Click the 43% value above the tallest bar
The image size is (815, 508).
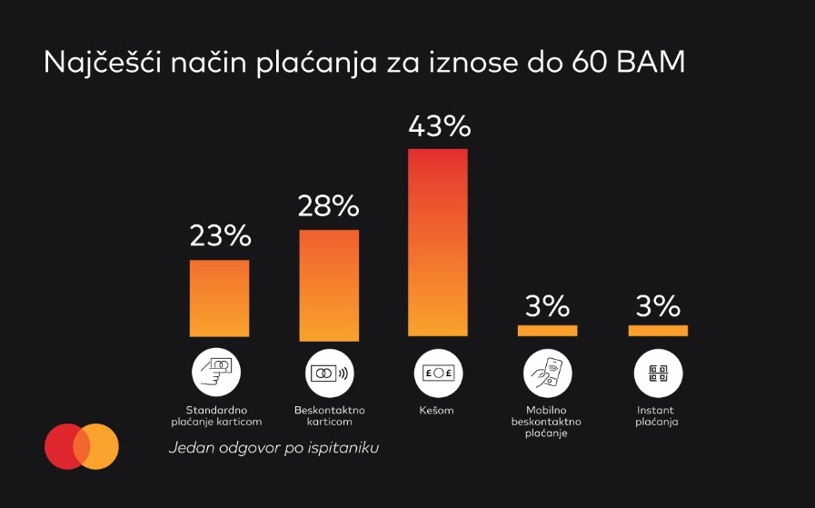(438, 126)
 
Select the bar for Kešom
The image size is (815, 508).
(438, 243)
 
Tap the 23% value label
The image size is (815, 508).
(220, 236)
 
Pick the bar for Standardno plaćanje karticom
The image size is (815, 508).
(220, 299)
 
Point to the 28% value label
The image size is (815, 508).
(329, 206)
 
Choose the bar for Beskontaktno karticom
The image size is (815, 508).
(329, 284)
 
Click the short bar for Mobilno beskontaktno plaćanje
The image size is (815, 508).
(547, 331)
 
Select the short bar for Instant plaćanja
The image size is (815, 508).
(658, 331)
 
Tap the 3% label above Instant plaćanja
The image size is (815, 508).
(658, 306)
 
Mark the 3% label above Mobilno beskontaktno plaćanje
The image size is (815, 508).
(547, 306)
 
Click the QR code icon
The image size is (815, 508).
(658, 374)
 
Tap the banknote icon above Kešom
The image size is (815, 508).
(438, 374)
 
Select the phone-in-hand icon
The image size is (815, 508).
(547, 374)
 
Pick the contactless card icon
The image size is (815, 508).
(329, 374)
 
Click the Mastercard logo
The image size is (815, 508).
(82, 446)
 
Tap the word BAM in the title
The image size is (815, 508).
(648, 64)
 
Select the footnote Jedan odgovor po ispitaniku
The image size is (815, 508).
(273, 448)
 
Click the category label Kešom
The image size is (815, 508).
(438, 411)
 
